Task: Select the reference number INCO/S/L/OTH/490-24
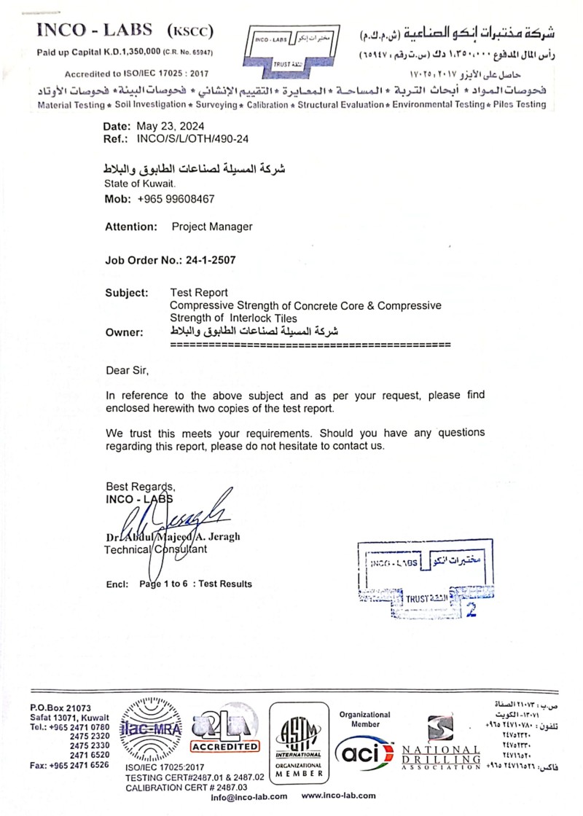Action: pyautogui.click(x=188, y=138)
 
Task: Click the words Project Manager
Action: pyautogui.click(x=212, y=227)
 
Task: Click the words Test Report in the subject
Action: pyautogui.click(x=199, y=292)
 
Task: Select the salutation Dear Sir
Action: pyautogui.click(x=127, y=370)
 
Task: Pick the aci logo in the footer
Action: pyautogui.click(x=364, y=750)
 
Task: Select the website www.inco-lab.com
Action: pyautogui.click(x=338, y=796)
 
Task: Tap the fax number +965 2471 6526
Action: pyautogui.click(x=69, y=765)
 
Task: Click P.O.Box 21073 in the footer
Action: pyautogui.click(x=60, y=708)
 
